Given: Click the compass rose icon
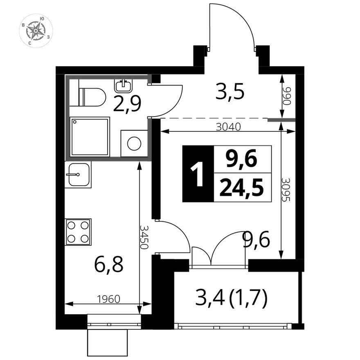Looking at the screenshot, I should pos(36,31).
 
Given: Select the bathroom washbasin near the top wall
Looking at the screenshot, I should pos(124,85).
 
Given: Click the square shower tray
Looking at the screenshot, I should pos(90,137).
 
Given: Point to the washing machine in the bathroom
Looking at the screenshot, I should pos(134,143).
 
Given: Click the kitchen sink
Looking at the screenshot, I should pos(78,174).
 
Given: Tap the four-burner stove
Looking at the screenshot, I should pos(78,232).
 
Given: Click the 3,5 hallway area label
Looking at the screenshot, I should pos(229,93).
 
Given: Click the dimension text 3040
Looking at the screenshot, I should pos(228,127).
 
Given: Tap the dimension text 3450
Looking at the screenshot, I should pos(144,237).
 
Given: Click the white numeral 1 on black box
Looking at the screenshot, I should pos(198,174).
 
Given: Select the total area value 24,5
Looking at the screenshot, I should pos(241,188).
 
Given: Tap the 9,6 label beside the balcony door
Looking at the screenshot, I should pos(256,239).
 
